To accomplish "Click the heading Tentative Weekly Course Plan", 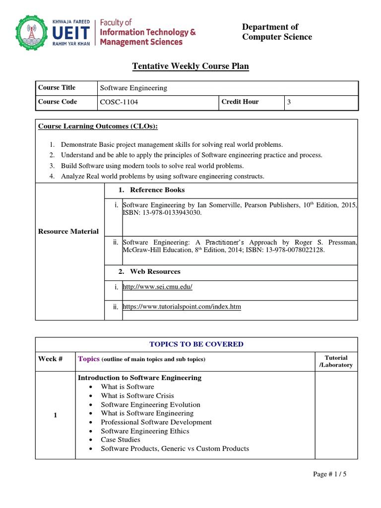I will click(x=190, y=66).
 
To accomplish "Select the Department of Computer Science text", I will click(x=277, y=32).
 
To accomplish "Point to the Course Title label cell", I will click(x=57, y=88).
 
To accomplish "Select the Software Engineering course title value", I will click(x=133, y=88).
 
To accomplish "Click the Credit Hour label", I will click(x=240, y=102).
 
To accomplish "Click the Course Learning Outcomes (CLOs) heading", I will click(x=98, y=127).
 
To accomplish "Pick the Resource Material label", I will click(x=68, y=231).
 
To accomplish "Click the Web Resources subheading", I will click(x=155, y=271).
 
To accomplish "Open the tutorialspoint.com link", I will click(x=182, y=307).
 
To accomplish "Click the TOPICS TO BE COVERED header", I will click(x=196, y=344).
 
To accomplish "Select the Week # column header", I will click(x=50, y=359).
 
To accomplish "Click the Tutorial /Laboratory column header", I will click(x=336, y=361).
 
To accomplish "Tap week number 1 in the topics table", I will click(x=56, y=416).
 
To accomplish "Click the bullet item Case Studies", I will click(x=121, y=440).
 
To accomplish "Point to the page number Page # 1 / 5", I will click(x=329, y=474).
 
